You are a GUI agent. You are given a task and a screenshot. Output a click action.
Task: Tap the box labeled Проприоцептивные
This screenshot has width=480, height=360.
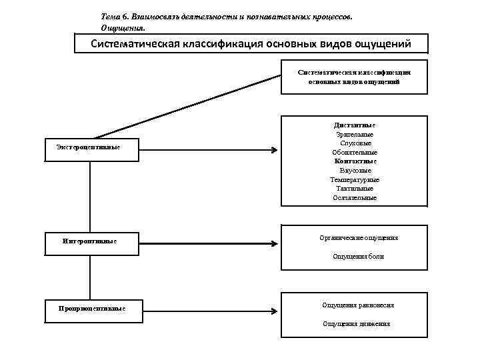point(91,309)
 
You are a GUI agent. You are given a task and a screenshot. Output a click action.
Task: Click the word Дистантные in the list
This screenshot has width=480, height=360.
point(355,125)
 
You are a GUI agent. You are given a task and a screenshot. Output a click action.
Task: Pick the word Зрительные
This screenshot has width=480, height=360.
point(355,134)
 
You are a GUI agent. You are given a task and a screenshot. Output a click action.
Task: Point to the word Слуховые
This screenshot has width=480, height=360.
point(355,143)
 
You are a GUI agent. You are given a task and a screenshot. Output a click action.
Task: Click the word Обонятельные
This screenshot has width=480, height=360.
point(355,152)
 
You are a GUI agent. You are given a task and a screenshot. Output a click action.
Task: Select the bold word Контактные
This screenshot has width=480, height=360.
point(355,161)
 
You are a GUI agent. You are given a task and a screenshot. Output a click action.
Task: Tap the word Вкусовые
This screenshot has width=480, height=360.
point(355,171)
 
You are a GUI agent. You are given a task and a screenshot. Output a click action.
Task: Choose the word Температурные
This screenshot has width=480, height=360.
point(355,180)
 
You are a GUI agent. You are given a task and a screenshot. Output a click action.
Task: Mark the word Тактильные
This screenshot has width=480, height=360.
point(355,189)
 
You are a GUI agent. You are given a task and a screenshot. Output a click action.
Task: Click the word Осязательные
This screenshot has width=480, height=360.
point(355,198)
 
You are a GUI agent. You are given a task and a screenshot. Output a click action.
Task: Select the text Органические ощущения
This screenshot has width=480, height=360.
point(359,237)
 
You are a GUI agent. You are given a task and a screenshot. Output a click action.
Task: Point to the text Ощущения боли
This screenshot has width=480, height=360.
point(358,257)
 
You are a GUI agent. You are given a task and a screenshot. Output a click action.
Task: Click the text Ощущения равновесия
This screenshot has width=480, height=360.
point(357,305)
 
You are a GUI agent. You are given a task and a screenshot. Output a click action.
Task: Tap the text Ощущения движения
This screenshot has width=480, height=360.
point(357,324)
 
